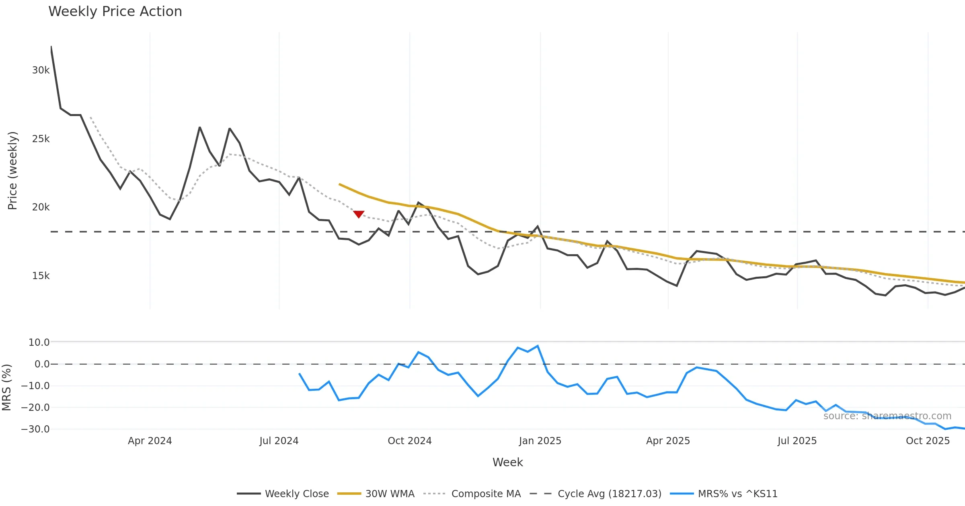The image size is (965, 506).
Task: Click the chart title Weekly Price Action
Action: (115, 12)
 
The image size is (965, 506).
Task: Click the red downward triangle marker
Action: (359, 214)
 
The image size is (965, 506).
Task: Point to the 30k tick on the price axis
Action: (41, 70)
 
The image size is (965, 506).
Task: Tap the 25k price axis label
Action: (41, 139)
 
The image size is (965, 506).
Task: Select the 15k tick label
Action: (41, 276)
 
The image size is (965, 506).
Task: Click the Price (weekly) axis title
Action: (12, 171)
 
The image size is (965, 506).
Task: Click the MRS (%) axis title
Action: (6, 387)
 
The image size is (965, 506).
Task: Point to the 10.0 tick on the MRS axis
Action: (39, 343)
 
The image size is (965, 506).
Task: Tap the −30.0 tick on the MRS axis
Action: (35, 429)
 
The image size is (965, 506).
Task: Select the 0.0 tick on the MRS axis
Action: (42, 364)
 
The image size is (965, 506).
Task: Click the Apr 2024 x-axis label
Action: (150, 441)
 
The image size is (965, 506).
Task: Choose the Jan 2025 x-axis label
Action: (540, 441)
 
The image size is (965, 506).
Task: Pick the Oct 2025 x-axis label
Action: (928, 441)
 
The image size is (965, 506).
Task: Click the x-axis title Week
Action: (507, 463)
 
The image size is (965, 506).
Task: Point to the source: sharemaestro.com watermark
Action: (887, 416)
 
